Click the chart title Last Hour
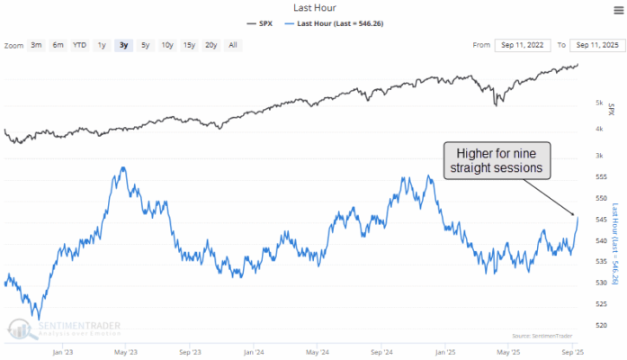pos(313,7)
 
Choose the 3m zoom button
pos(36,44)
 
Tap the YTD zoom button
pos(79,44)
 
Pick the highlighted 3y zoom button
pos(122,44)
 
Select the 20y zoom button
pos(210,44)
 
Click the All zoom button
pos(233,44)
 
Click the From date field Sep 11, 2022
pos(519,44)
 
